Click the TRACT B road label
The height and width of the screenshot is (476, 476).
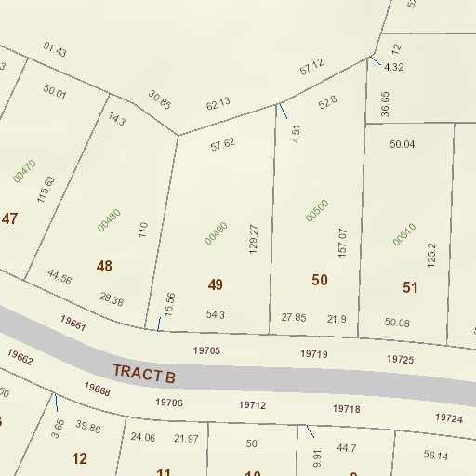[144, 373]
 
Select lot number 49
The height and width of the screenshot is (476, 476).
[216, 284]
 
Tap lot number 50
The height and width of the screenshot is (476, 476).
[320, 280]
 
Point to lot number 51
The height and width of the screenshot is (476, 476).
[410, 287]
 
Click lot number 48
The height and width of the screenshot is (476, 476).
[104, 267]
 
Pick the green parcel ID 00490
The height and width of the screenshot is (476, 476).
[216, 232]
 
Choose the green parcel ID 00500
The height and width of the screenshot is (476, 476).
[317, 211]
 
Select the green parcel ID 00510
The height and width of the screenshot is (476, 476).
[404, 235]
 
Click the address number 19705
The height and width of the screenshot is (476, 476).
[206, 350]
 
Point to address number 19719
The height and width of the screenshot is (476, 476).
[314, 354]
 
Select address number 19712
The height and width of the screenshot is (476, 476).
[253, 405]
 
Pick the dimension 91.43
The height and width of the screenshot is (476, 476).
[56, 50]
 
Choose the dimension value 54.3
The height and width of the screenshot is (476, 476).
[216, 315]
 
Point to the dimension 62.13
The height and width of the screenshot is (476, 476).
[218, 105]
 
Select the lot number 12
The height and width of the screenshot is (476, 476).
[79, 458]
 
